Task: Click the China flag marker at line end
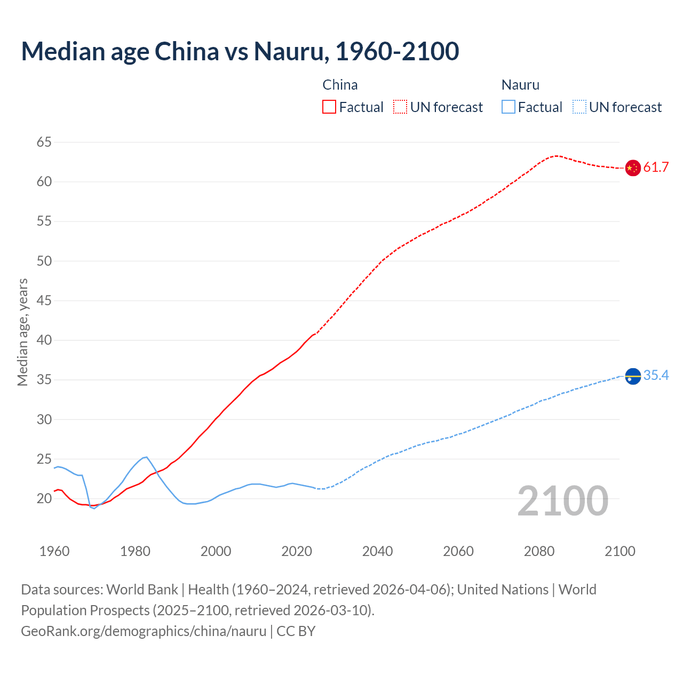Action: (632, 168)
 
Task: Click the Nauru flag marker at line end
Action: (632, 376)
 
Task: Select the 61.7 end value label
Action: (656, 168)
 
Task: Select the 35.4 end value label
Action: (656, 376)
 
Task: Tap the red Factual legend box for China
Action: (329, 107)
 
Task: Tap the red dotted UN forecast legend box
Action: (400, 107)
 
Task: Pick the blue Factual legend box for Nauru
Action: (509, 107)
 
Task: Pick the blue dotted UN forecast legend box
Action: (579, 107)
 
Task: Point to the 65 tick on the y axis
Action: (44, 142)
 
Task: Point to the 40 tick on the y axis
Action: (44, 340)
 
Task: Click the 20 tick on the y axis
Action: (44, 499)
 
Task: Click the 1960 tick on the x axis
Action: (54, 551)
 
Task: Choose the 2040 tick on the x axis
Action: (377, 551)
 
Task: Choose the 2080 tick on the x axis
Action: (539, 551)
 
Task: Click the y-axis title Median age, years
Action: (22, 332)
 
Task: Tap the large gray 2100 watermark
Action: (562, 501)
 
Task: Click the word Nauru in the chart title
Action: (289, 51)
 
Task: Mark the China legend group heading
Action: (340, 85)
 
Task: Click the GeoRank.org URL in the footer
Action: (144, 631)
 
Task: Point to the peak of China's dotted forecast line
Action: (557, 156)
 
